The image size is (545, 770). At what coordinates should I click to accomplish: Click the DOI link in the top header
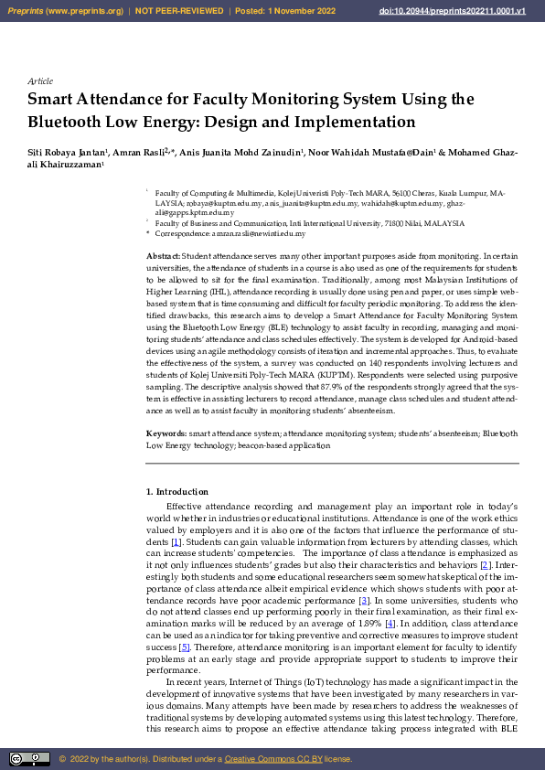pos(452,11)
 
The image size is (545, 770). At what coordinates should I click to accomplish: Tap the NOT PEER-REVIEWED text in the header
pos(179,11)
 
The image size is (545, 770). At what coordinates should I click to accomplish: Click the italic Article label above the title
pos(40,81)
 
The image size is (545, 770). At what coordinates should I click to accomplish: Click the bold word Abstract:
pos(163,256)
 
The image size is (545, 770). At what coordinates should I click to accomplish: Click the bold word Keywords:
pos(166,433)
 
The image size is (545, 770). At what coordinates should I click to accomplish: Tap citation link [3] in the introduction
pos(363,600)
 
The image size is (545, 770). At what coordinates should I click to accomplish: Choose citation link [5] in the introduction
pos(184,647)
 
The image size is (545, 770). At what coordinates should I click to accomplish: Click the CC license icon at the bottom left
pos(29,759)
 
